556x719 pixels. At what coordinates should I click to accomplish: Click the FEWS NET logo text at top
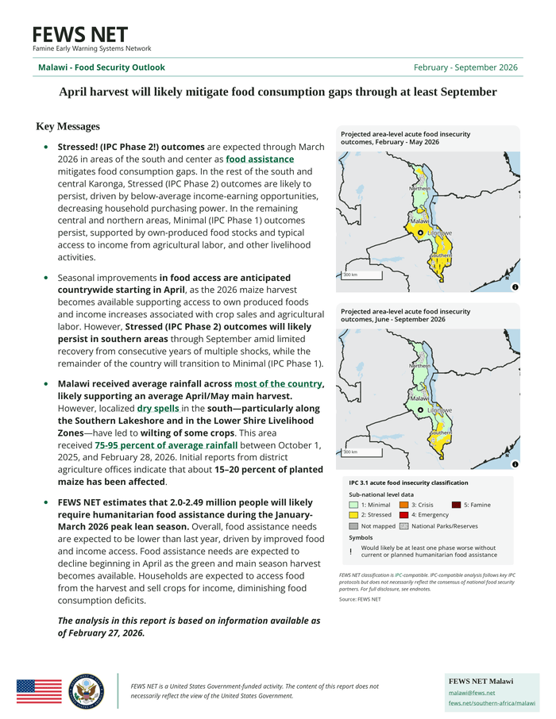coord(79,35)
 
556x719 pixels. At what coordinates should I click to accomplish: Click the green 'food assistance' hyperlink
coord(260,160)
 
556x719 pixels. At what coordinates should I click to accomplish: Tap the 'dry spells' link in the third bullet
coord(157,409)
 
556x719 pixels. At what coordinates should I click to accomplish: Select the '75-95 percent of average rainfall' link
coord(166,445)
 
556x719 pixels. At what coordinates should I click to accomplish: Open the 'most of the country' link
coord(278,384)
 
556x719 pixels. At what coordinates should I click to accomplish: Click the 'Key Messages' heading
coord(68,126)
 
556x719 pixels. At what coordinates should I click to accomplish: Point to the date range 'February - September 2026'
coord(465,67)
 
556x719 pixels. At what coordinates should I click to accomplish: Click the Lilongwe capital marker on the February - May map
coord(421,233)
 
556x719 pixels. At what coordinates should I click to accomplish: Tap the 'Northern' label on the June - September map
coord(419,366)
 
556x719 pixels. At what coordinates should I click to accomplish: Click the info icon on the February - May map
coord(515,286)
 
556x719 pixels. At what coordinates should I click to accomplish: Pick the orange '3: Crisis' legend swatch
coord(404,505)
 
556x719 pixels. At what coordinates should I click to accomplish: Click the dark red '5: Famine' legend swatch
coord(456,505)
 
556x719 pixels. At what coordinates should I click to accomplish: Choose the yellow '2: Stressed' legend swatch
coord(353,515)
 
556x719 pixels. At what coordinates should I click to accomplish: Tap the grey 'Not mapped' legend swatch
coord(353,526)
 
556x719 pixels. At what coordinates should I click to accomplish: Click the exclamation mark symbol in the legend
coord(350,552)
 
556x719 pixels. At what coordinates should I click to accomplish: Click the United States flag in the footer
coord(38,691)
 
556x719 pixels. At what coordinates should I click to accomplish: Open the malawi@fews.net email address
coord(467,693)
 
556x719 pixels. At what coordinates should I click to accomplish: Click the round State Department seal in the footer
coord(85,691)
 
